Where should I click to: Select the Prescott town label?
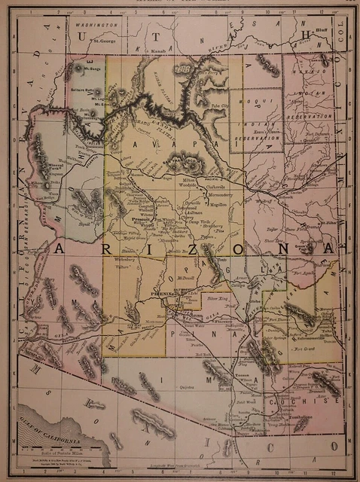coord(139,221)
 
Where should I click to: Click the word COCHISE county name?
coord(311,404)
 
